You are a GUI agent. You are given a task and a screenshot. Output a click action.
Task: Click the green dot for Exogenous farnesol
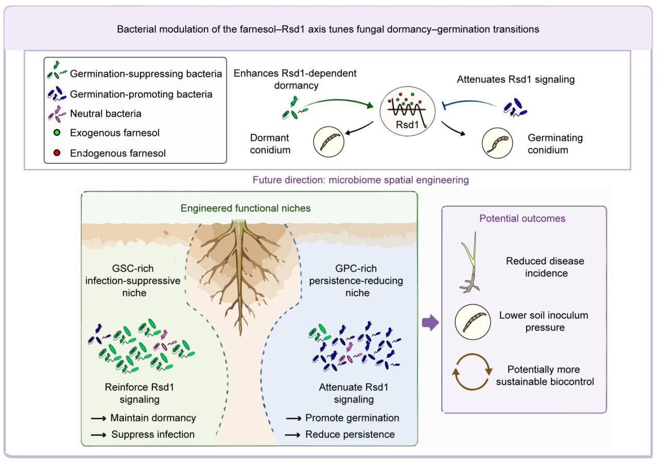click(57, 133)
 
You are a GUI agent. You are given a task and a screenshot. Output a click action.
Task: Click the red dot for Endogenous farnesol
click(57, 153)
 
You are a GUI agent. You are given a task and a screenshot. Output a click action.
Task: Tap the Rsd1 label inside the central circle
click(407, 125)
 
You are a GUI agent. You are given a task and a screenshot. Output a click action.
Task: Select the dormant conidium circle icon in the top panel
click(328, 142)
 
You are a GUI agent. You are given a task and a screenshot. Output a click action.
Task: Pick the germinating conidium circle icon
click(497, 143)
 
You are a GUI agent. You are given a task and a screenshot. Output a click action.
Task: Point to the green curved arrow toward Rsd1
click(338, 101)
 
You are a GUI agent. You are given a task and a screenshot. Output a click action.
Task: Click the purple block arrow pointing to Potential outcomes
click(430, 322)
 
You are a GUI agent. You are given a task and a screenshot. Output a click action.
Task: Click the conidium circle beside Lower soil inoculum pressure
click(473, 322)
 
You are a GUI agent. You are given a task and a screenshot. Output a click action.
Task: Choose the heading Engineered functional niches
click(246, 209)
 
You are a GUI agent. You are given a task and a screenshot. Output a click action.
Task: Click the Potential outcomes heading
click(522, 218)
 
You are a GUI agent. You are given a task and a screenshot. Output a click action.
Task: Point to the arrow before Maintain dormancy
click(98, 418)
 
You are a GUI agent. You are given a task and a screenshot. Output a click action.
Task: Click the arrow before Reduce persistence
click(293, 435)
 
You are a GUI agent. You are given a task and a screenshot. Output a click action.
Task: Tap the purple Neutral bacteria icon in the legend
click(57, 114)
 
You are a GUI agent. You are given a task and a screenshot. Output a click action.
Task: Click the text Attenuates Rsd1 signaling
click(516, 79)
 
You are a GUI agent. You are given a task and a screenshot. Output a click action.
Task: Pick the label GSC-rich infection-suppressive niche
click(133, 280)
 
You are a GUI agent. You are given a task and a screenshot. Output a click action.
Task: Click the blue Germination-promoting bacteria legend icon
click(57, 94)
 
